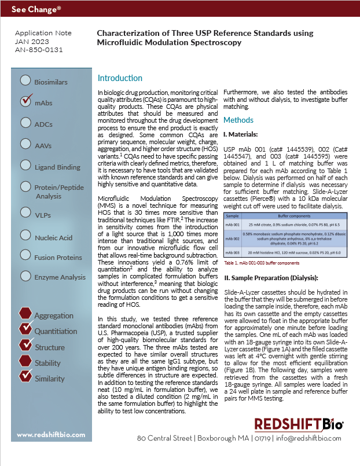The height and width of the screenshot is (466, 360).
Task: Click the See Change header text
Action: pyautogui.click(x=36, y=10)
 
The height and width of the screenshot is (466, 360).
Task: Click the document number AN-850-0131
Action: pyautogui.click(x=39, y=50)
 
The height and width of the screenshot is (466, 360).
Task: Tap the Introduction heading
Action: pyautogui.click(x=120, y=78)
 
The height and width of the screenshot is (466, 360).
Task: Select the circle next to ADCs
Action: pyautogui.click(x=25, y=122)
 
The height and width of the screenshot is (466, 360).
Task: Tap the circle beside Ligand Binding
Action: pyautogui.click(x=25, y=166)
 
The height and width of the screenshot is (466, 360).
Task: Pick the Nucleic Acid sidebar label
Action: pyautogui.click(x=53, y=237)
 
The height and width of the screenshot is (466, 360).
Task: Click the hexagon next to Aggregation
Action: pyautogui.click(x=25, y=314)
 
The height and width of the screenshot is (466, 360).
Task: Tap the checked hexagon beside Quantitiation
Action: pyautogui.click(x=25, y=330)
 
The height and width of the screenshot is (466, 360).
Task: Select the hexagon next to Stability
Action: pyautogui.click(x=25, y=362)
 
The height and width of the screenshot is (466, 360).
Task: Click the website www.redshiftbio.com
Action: pyautogui.click(x=50, y=435)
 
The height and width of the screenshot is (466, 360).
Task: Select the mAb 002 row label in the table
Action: pyautogui.click(x=232, y=238)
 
